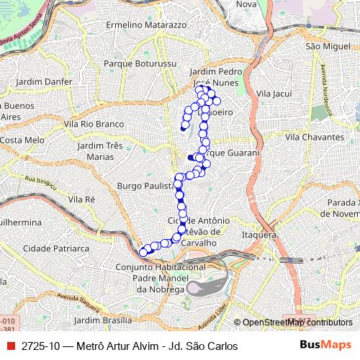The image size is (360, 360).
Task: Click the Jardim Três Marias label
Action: [x=100, y=150]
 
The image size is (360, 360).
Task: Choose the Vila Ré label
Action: [x=81, y=198]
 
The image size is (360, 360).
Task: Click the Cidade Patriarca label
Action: [x=55, y=247]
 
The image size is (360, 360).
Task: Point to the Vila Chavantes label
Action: [x=314, y=137]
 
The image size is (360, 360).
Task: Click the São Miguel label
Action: [x=322, y=45]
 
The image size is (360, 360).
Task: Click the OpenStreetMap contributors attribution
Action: [x=296, y=323]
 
